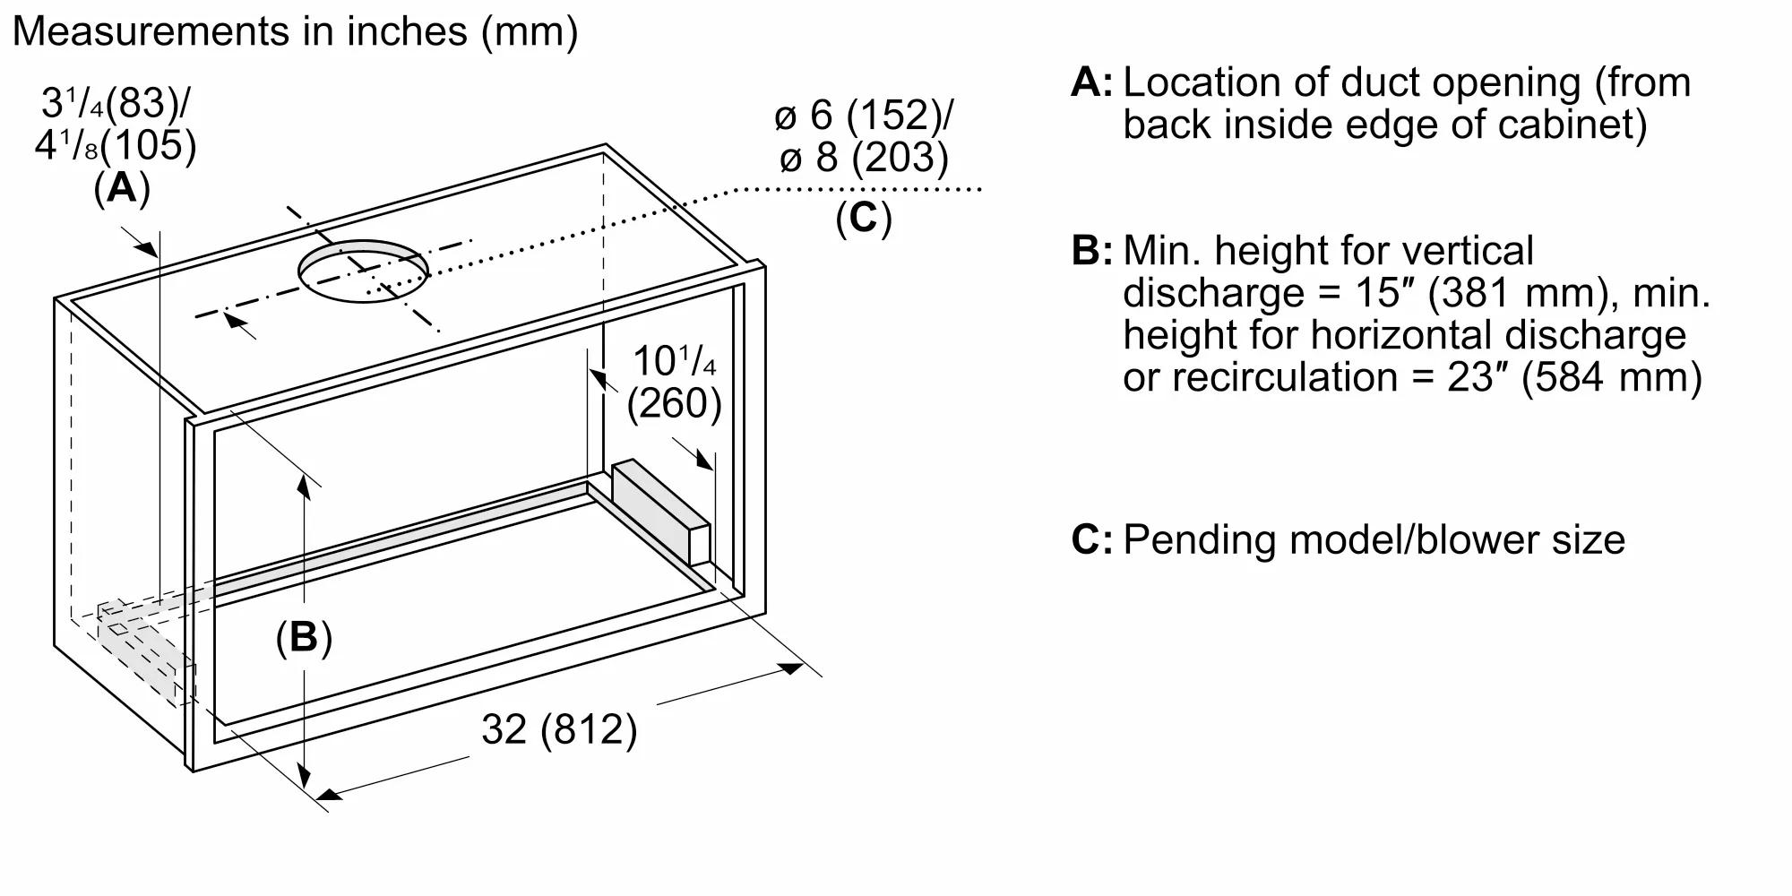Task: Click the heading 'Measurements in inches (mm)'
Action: (295, 32)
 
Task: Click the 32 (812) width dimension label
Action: (559, 729)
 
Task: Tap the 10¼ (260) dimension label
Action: (674, 383)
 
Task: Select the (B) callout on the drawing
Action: (304, 637)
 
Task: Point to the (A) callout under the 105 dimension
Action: (122, 189)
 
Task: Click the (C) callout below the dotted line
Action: (864, 218)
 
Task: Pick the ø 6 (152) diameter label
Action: (864, 116)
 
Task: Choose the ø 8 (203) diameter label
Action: (864, 159)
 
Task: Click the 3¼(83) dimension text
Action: (115, 104)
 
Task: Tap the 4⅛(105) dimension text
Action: (115, 145)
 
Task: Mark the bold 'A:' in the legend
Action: (1091, 83)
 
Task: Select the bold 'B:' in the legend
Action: (1091, 251)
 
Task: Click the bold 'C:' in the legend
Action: (1091, 540)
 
